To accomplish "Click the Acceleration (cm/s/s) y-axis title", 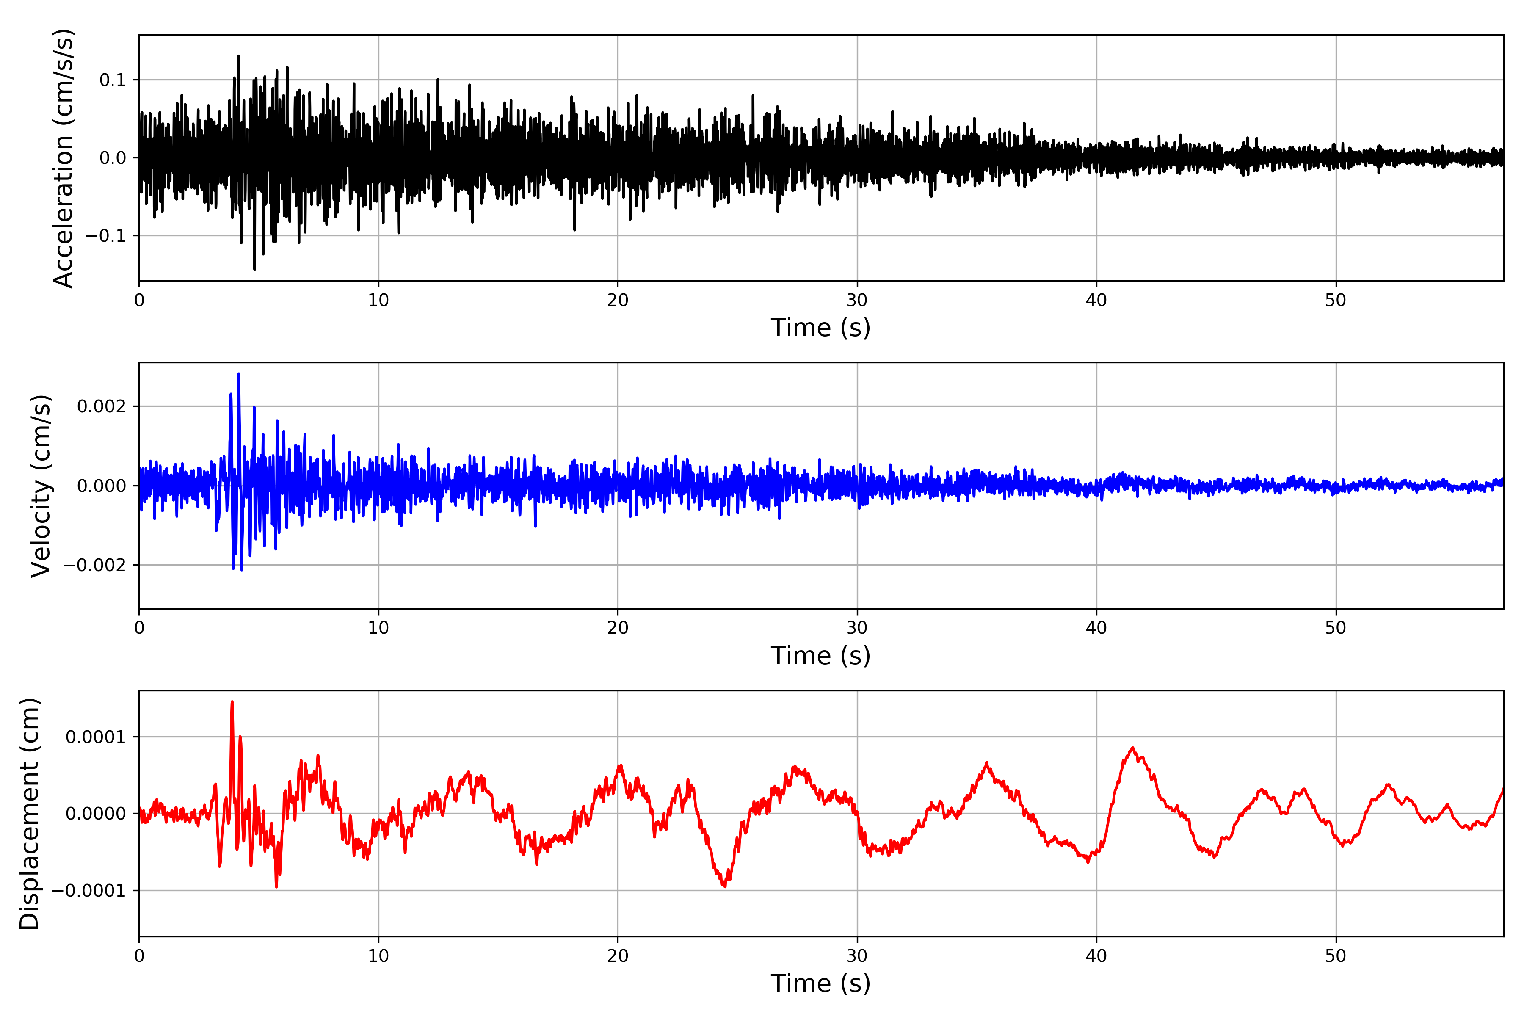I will pyautogui.click(x=63, y=158).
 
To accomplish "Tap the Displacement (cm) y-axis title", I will pyautogui.click(x=30, y=814).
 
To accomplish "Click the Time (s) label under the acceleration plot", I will pyautogui.click(x=820, y=328).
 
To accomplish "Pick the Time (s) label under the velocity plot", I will pyautogui.click(x=820, y=656).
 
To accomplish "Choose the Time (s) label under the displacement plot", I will pyautogui.click(x=820, y=983).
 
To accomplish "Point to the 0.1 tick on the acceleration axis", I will pyautogui.click(x=113, y=80).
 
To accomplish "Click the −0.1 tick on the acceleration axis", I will pyautogui.click(x=105, y=236).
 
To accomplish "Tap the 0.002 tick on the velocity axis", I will pyautogui.click(x=101, y=407).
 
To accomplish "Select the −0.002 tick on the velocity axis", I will pyautogui.click(x=94, y=565).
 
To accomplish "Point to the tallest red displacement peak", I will pyautogui.click(x=232, y=702).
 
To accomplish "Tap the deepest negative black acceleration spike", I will pyautogui.click(x=255, y=268).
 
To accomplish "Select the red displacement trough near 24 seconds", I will pyautogui.click(x=724, y=886).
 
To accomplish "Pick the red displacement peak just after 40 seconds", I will pyautogui.click(x=1133, y=748).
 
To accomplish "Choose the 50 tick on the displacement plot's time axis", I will pyautogui.click(x=1336, y=956).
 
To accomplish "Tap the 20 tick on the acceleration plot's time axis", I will pyautogui.click(x=618, y=300).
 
